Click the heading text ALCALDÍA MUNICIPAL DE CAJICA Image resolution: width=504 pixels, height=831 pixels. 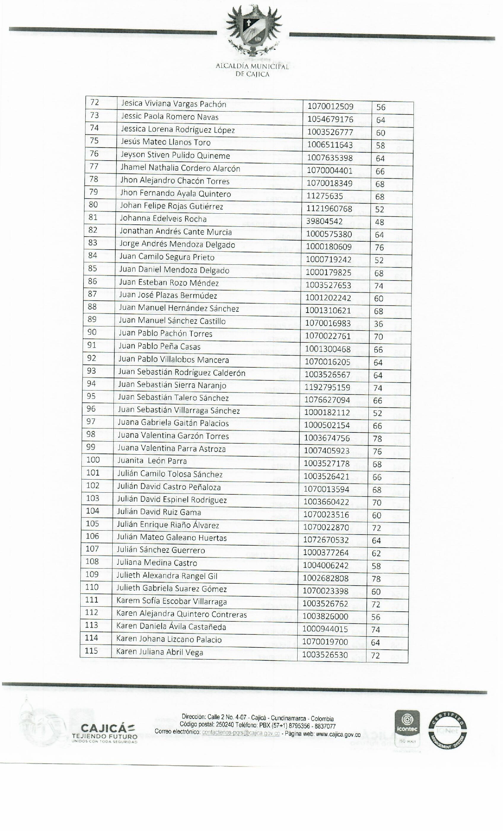coord(253,70)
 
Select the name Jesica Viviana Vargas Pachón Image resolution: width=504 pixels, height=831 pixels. coord(174,104)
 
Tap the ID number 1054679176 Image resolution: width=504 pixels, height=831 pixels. coord(330,119)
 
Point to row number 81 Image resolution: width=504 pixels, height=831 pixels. coord(93,217)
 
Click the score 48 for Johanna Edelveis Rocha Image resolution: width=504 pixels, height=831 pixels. coord(379,222)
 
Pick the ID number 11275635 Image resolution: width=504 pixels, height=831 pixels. coord(325,196)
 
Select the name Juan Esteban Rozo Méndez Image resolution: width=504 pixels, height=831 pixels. coord(169,283)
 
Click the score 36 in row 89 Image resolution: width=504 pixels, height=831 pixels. coord(378,324)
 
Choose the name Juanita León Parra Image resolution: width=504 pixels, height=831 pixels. coord(152,461)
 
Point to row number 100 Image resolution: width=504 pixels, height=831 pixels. coord(93,460)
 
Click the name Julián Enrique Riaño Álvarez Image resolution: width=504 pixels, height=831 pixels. coord(168,525)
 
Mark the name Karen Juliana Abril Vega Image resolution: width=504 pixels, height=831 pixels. coord(160,652)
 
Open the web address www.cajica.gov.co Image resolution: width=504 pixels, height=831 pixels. coord(338,735)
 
